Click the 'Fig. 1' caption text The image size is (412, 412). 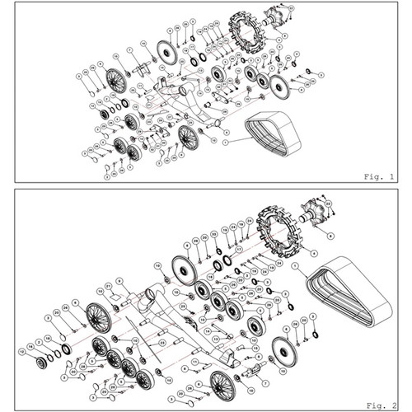tap(380, 176)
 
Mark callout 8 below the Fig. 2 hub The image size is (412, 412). tap(330, 236)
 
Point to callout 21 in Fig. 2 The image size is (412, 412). tap(109, 285)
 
